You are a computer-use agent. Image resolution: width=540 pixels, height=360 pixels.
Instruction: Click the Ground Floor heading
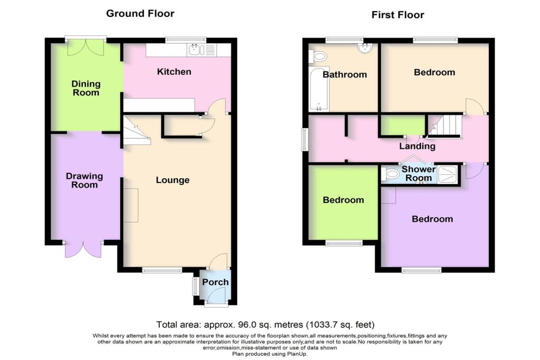pos(140,13)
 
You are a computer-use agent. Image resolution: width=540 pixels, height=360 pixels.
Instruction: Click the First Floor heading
pos(398,15)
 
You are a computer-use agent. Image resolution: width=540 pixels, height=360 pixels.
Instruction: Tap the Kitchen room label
pos(174,72)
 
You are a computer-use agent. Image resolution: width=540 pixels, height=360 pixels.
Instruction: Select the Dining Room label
pos(86,88)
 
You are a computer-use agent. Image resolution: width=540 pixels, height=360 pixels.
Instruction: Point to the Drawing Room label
pos(84,180)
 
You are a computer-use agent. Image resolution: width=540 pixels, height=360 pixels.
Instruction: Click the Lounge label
pos(172,180)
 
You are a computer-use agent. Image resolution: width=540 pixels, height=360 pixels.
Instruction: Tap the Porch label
pos(216,282)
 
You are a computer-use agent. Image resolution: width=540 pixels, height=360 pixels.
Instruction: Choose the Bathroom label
pos(345,74)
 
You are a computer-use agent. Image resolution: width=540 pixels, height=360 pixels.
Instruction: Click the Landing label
pos(417,146)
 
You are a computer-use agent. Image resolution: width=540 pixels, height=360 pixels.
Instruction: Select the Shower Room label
pos(419,173)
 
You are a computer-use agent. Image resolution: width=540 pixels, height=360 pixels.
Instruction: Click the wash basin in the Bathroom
pos(365,48)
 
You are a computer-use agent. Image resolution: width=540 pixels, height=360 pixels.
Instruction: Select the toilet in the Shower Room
pos(391,173)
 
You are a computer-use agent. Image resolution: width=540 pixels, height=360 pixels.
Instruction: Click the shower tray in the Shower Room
pos(448,173)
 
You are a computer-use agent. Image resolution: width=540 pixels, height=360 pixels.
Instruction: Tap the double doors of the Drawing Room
pos(83,249)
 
